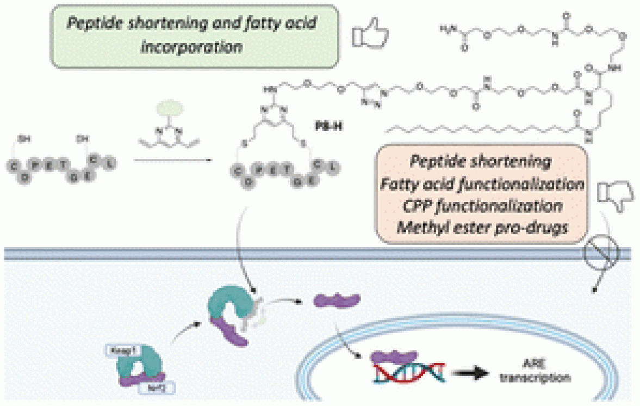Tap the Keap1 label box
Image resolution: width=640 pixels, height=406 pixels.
(x=121, y=351)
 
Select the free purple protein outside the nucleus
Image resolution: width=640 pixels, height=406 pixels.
(x=337, y=298)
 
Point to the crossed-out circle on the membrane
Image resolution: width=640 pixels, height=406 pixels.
(x=602, y=251)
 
